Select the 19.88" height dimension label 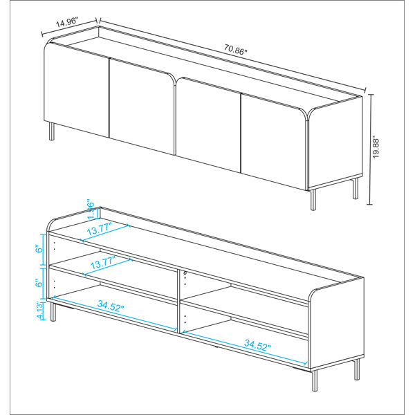coord(376,147)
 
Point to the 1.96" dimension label coord(90,207)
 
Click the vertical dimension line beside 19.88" coord(369,149)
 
